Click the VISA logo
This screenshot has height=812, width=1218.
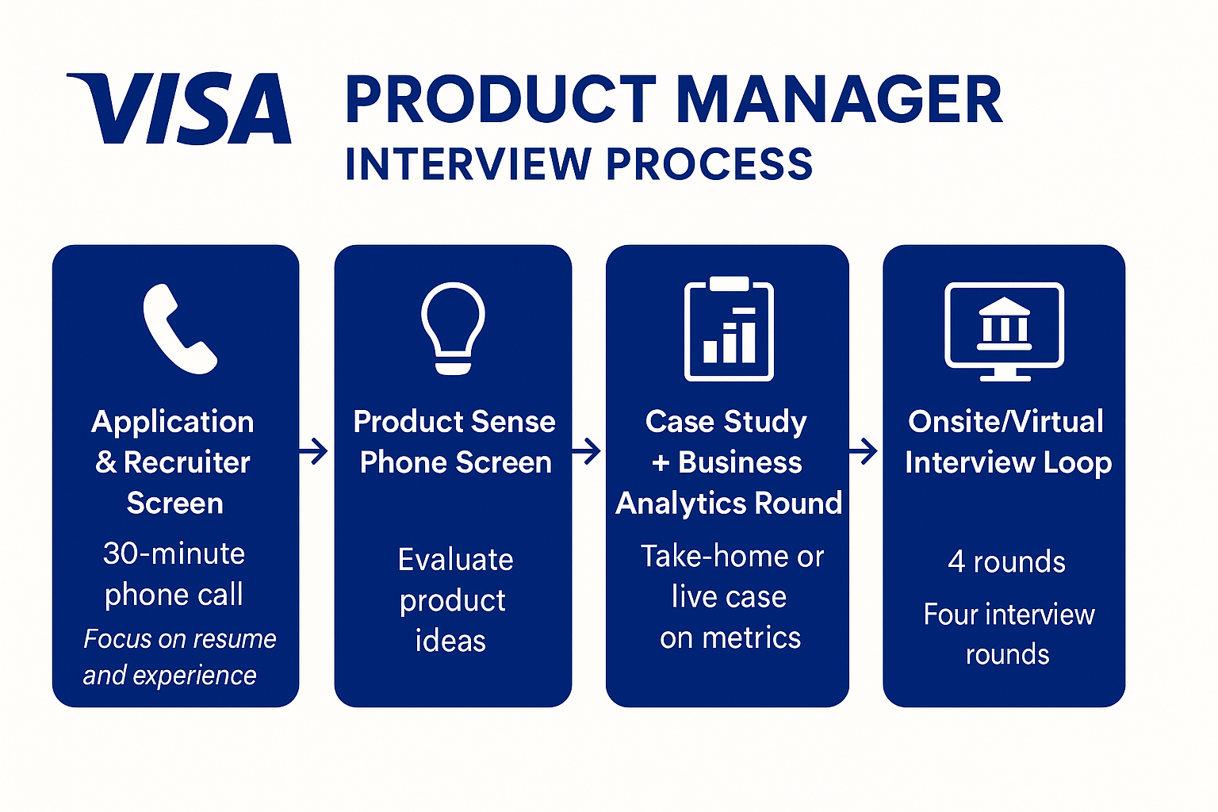tap(179, 109)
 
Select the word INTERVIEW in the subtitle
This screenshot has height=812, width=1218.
tap(468, 165)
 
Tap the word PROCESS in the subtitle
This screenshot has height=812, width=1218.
tap(710, 165)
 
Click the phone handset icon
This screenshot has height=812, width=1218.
tap(179, 328)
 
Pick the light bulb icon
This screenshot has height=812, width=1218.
tap(453, 327)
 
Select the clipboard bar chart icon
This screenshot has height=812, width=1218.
tap(729, 329)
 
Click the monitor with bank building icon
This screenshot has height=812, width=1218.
tap(1004, 331)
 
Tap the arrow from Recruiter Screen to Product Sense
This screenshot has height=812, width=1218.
tap(314, 451)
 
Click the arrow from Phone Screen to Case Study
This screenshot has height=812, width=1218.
tap(587, 451)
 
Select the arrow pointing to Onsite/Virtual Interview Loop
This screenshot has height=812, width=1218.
tap(864, 451)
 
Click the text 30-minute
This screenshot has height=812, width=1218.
tap(174, 553)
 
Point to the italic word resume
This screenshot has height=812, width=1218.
tap(237, 639)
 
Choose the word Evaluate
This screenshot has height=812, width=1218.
tap(455, 560)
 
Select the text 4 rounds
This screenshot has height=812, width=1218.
tap(1006, 562)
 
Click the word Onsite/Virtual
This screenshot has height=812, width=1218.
tap(1005, 422)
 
